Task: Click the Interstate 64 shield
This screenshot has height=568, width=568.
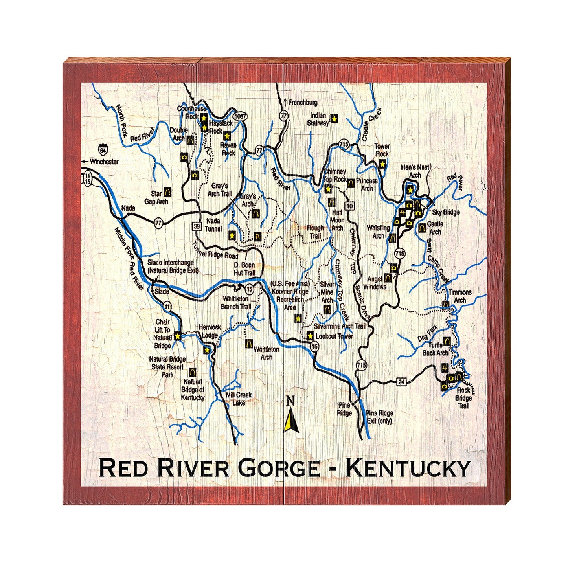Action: pos(103,150)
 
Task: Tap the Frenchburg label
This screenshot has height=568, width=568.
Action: pos(303,103)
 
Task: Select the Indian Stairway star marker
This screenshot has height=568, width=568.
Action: pos(334,118)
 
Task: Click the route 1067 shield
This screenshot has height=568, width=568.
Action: pos(240,116)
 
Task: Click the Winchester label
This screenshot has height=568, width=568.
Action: pos(104,162)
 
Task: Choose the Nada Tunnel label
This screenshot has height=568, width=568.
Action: pos(213,224)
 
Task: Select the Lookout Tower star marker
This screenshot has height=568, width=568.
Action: pos(310,336)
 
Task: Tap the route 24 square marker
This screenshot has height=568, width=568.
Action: pos(401,382)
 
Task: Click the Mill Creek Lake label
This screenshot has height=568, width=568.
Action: pos(239,399)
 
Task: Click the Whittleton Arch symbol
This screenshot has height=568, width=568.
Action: pos(249,344)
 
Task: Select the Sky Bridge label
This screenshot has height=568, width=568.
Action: pos(445,212)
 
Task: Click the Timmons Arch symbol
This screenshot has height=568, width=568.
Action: pos(445,305)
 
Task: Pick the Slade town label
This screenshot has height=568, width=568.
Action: pos(162,292)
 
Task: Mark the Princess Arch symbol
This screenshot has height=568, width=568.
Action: pos(351,182)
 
